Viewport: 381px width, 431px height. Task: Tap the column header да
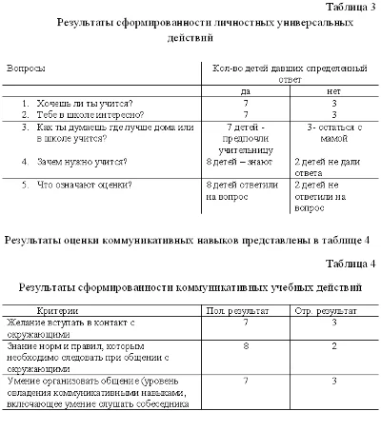246,89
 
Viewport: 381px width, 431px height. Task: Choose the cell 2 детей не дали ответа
329,167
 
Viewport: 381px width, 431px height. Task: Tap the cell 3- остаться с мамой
329,132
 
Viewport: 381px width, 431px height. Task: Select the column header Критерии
58,311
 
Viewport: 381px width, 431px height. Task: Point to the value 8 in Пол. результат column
246,347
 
